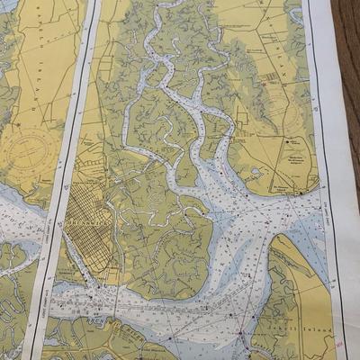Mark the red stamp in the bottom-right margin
click(x=337, y=342)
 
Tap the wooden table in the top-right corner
click(x=346, y=36)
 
